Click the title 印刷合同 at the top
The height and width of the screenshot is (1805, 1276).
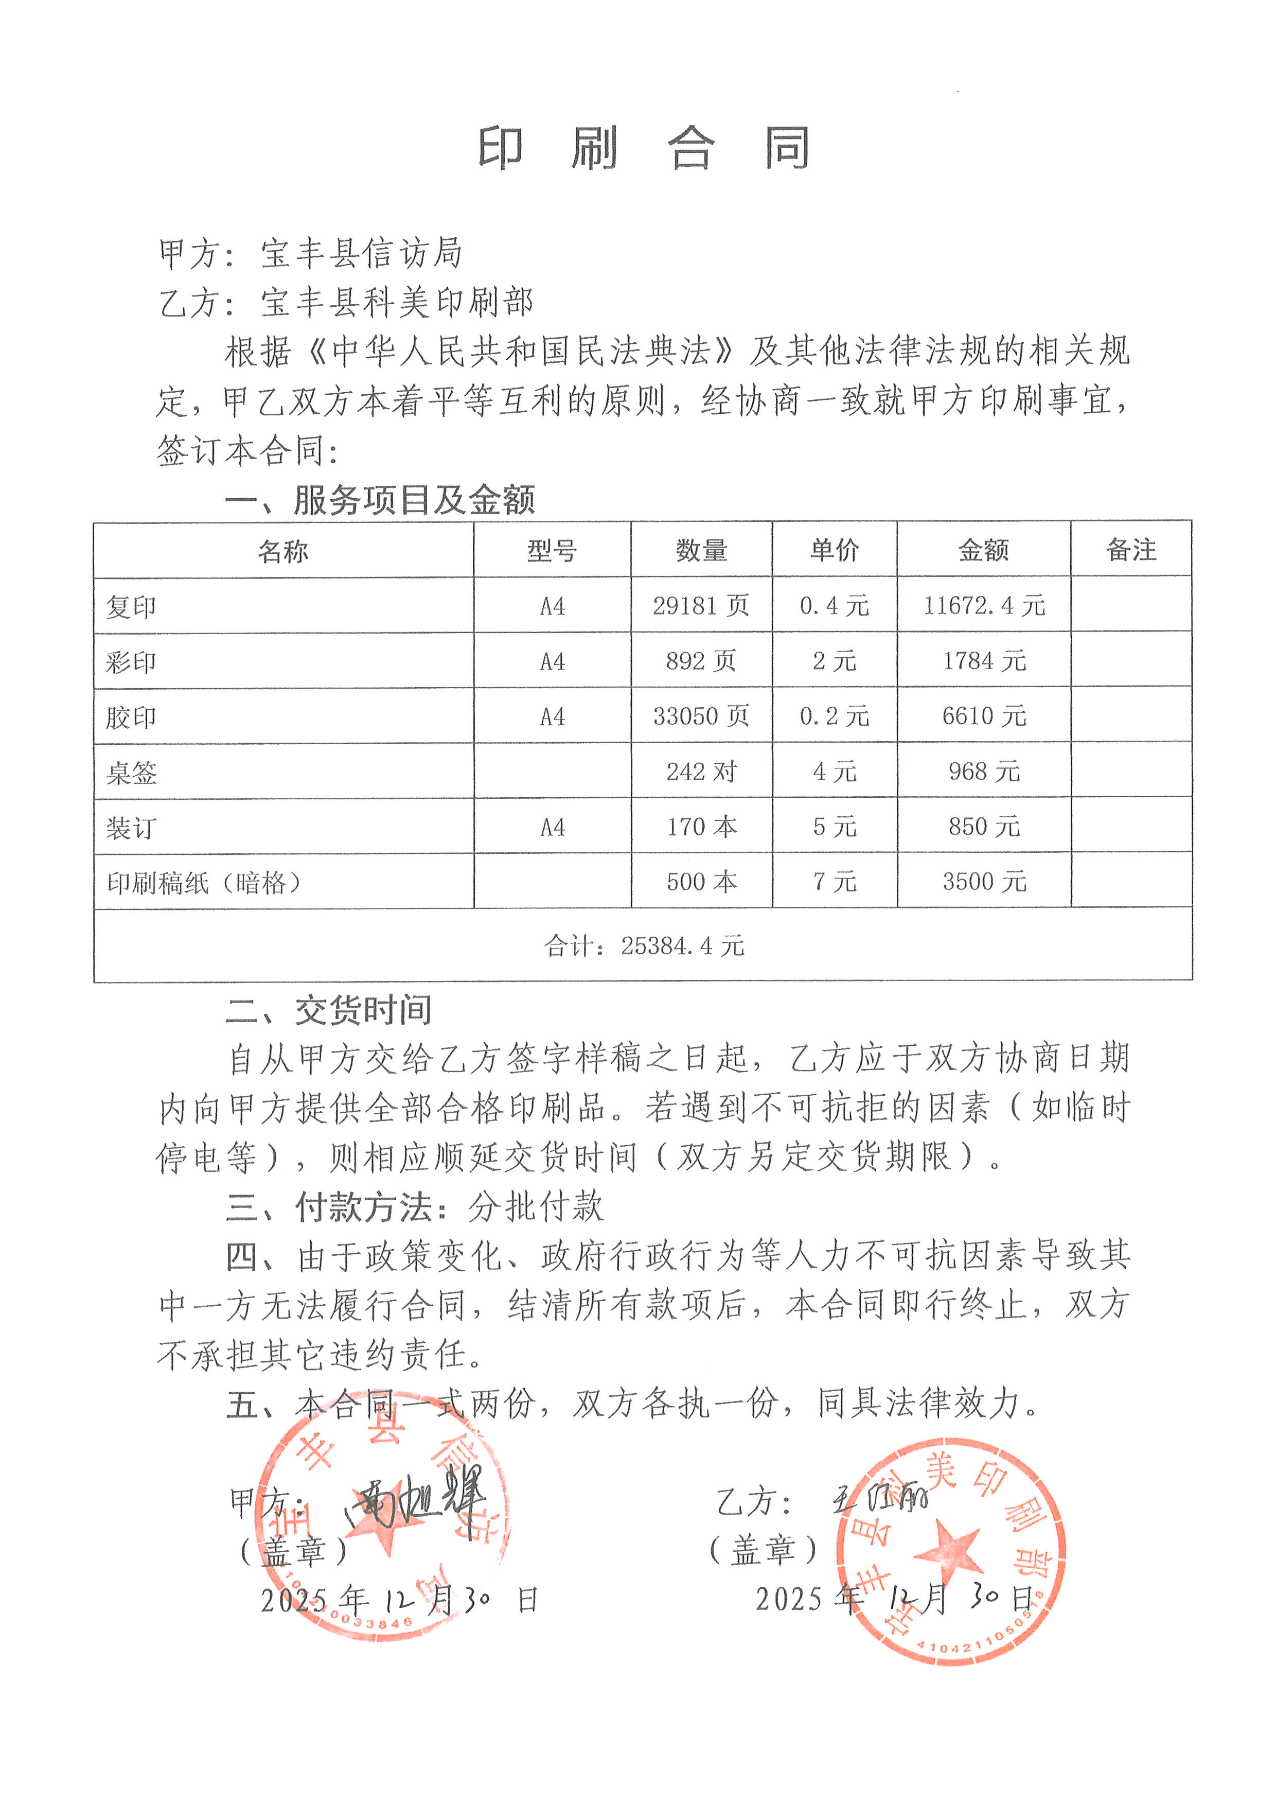click(644, 148)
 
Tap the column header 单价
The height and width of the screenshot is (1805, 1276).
click(835, 550)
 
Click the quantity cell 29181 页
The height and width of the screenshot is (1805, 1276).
click(701, 605)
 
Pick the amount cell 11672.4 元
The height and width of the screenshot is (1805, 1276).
click(984, 605)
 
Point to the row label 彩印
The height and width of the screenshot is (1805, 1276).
click(131, 662)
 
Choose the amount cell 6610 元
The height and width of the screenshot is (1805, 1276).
click(984, 716)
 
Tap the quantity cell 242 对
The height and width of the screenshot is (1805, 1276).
click(701, 771)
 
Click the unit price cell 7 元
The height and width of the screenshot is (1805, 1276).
click(835, 881)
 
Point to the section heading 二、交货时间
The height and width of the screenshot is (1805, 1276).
click(328, 1011)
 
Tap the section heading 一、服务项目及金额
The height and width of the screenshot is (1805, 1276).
click(380, 500)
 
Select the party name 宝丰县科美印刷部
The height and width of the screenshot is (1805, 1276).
click(397, 303)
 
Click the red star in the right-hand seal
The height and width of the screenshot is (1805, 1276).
click(949, 1553)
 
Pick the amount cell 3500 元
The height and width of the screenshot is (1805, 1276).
click(984, 881)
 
